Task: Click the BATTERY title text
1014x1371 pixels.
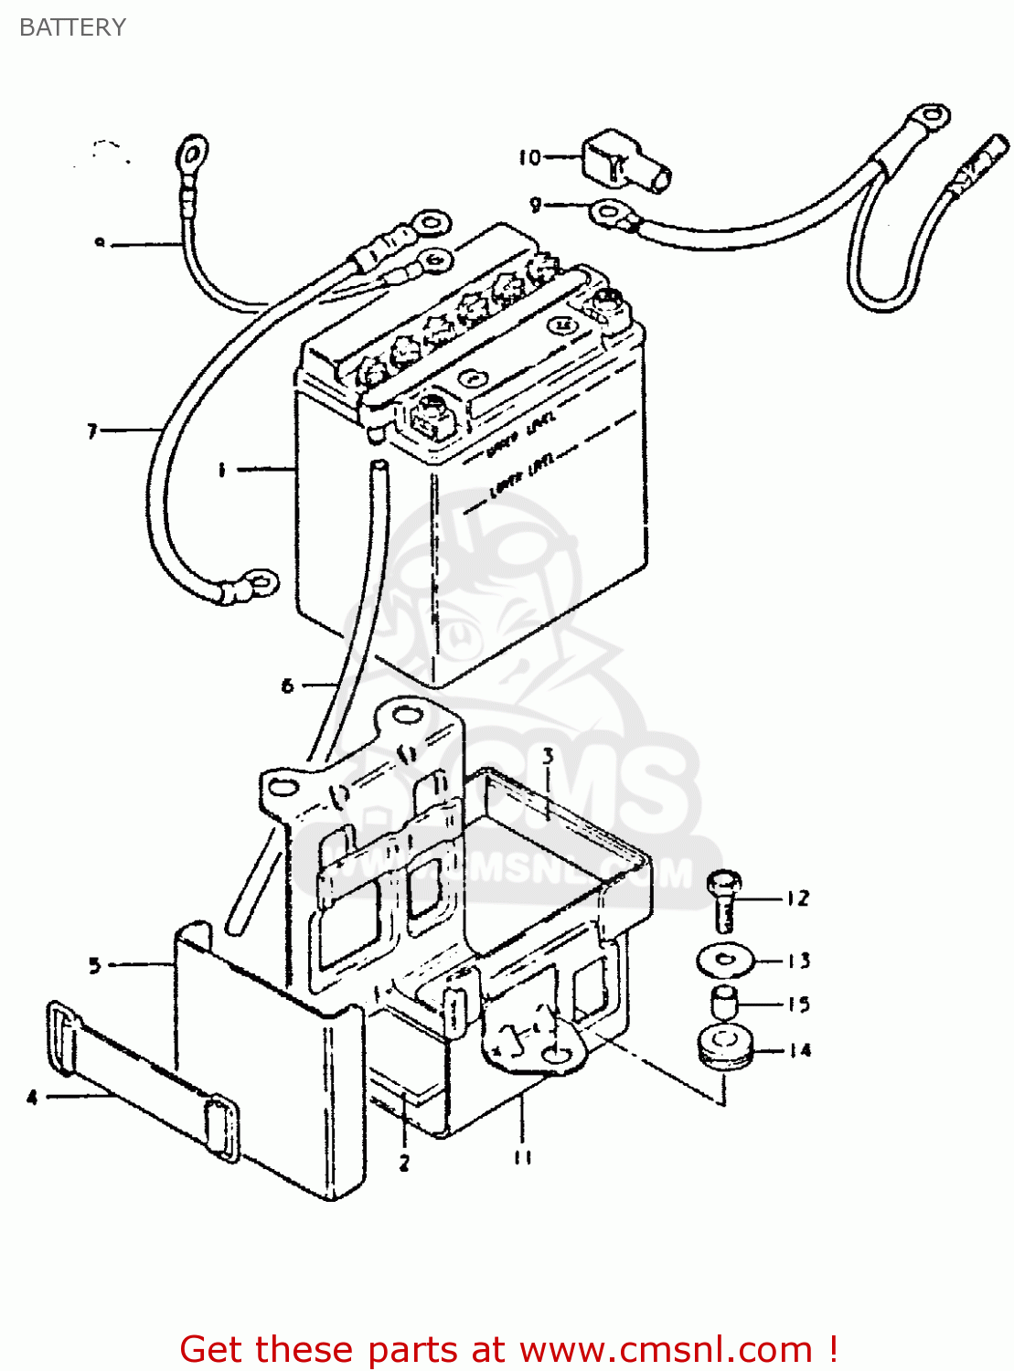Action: pyautogui.click(x=72, y=27)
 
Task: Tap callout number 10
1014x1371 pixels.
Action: pyautogui.click(x=529, y=158)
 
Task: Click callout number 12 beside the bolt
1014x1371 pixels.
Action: pyautogui.click(x=797, y=898)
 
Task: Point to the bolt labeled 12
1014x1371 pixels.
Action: pyautogui.click(x=724, y=900)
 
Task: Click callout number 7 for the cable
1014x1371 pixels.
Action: pyautogui.click(x=92, y=430)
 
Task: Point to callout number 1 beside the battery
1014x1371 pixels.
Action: pyautogui.click(x=221, y=470)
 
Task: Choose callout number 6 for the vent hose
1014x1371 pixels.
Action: pyautogui.click(x=287, y=685)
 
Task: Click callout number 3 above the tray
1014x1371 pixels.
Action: pyautogui.click(x=548, y=756)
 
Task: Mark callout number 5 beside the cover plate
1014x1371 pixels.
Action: pyautogui.click(x=94, y=965)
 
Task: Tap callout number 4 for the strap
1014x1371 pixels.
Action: pyautogui.click(x=32, y=1097)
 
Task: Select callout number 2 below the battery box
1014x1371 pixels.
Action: pyautogui.click(x=404, y=1164)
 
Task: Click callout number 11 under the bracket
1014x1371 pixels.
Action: pyautogui.click(x=522, y=1158)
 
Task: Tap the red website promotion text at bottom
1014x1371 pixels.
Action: pyautogui.click(x=508, y=1349)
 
